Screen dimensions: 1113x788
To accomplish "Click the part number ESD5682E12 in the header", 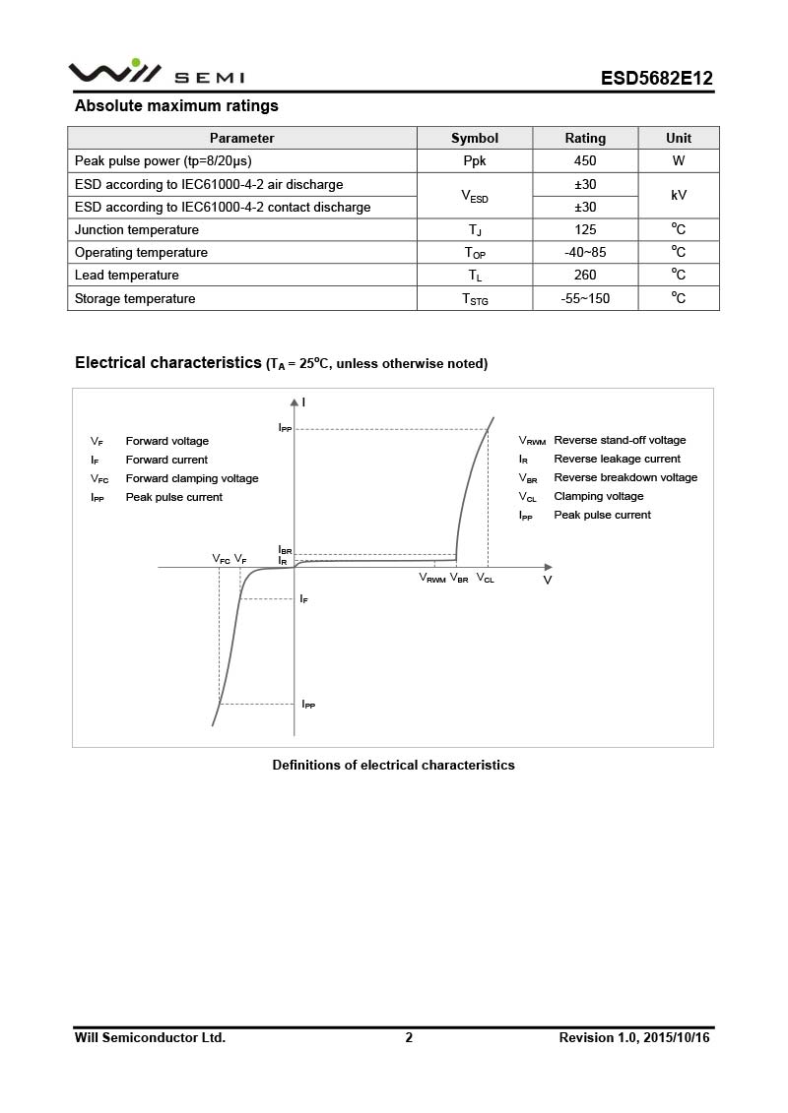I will pos(656,79).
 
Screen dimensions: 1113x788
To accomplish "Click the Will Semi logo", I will pos(156,74).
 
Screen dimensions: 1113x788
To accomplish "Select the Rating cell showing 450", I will pos(585,161).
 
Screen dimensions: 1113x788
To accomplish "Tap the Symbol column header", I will pos(475,139).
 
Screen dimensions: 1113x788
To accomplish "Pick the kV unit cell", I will pos(679,196).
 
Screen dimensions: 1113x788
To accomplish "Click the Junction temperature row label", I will pos(137,230).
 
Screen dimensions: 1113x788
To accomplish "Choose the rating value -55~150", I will pos(585,299).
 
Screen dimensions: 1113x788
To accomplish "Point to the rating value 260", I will pos(585,276).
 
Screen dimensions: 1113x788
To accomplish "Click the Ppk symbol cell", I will pos(475,161).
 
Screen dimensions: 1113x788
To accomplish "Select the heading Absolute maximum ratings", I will pos(176,106).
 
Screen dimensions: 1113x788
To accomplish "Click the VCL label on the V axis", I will pos(486,579).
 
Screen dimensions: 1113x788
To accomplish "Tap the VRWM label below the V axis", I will pos(432,579).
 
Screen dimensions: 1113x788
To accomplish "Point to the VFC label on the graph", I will pos(222,559).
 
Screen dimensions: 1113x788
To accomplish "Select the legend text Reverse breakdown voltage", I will pos(625,478).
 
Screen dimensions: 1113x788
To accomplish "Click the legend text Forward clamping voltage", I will pos(192,479).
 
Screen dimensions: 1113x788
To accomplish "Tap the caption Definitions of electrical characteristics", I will pos(393,766).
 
